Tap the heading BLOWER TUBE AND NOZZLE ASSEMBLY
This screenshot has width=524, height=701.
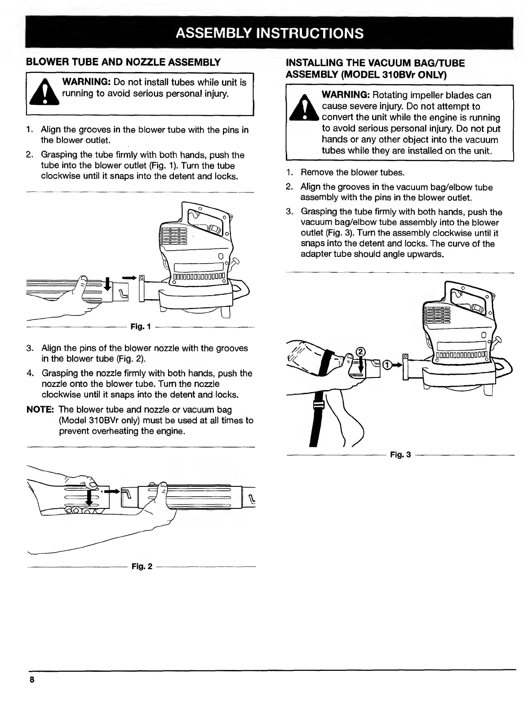[123, 62]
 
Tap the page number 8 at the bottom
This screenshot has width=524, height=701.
[32, 679]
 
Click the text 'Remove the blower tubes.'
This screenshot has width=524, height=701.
[352, 173]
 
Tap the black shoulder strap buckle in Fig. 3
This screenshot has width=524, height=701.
[320, 406]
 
